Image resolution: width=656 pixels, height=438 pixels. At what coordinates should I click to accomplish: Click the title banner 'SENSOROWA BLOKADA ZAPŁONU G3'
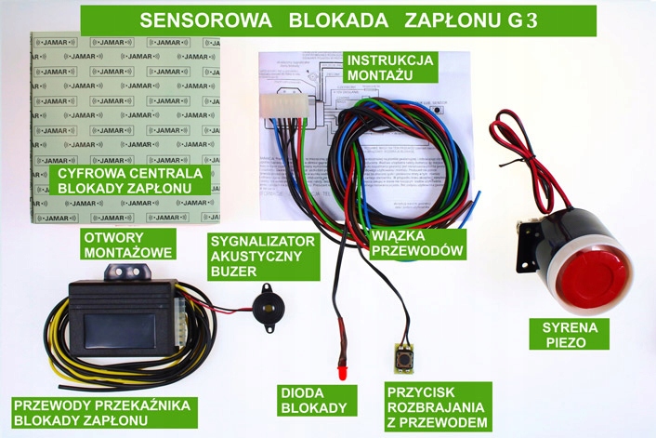337,20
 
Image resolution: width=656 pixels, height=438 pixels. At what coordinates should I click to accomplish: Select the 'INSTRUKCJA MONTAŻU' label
389,67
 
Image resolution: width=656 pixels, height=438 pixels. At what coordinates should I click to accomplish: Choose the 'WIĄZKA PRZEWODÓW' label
415,242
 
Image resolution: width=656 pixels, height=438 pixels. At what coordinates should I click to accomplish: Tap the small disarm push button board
405,355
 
